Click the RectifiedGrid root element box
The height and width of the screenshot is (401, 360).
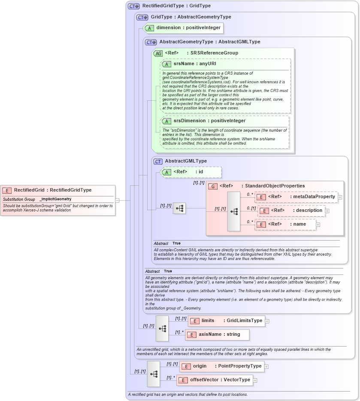pos(58,190)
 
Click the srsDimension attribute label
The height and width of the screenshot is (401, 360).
pos(203,121)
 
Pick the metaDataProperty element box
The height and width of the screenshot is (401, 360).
pos(296,197)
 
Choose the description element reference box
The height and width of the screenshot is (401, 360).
pos(291,211)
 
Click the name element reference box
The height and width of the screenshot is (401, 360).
pos(285,224)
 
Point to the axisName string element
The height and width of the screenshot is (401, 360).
pos(217,334)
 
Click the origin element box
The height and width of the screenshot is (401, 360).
pos(221,366)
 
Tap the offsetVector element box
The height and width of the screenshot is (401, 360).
pos(214,380)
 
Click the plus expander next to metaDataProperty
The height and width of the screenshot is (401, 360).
pos(340,197)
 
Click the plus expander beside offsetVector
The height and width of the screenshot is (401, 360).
pos(255,380)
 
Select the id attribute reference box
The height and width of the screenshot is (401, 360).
pos(191,172)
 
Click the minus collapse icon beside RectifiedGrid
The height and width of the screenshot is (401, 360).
pos(117,200)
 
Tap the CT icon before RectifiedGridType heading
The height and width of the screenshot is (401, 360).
pos(133,6)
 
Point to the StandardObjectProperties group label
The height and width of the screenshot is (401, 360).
pos(262,186)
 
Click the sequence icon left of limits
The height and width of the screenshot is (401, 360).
pos(162,328)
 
